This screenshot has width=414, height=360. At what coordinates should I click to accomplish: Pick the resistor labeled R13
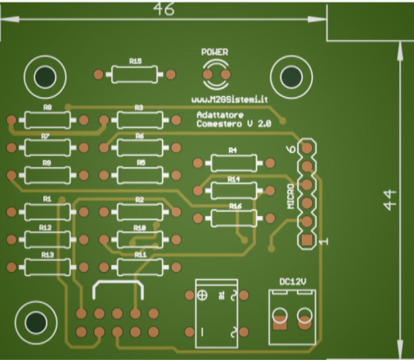pyautogui.click(x=48, y=266)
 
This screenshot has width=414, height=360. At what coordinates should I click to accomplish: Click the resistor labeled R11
pyautogui.click(x=140, y=266)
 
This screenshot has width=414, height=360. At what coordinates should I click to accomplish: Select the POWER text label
pyautogui.click(x=215, y=52)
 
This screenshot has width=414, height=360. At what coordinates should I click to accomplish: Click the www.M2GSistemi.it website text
pyautogui.click(x=229, y=99)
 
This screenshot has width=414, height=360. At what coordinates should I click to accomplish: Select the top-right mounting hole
pyautogui.click(x=291, y=77)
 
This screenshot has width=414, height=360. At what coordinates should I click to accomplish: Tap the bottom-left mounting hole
pyautogui.click(x=36, y=322)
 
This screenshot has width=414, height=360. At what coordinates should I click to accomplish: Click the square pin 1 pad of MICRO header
pyautogui.click(x=307, y=240)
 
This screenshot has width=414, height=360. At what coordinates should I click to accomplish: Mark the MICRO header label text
pyautogui.click(x=291, y=196)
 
